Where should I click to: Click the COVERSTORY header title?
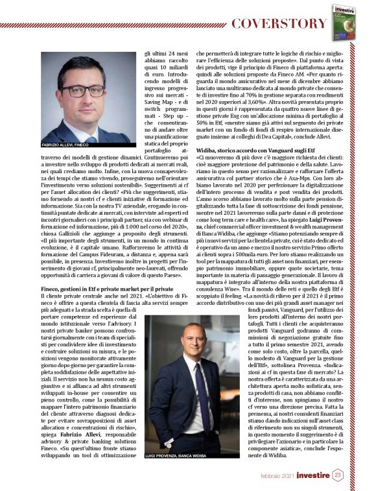pyautogui.click(x=279, y=23)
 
